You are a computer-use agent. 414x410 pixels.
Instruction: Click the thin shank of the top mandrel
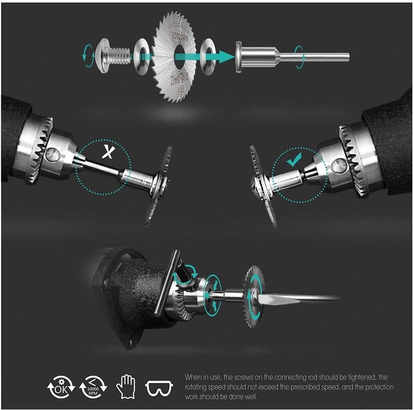[321, 55]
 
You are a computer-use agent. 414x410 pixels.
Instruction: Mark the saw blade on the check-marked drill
[261, 186]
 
